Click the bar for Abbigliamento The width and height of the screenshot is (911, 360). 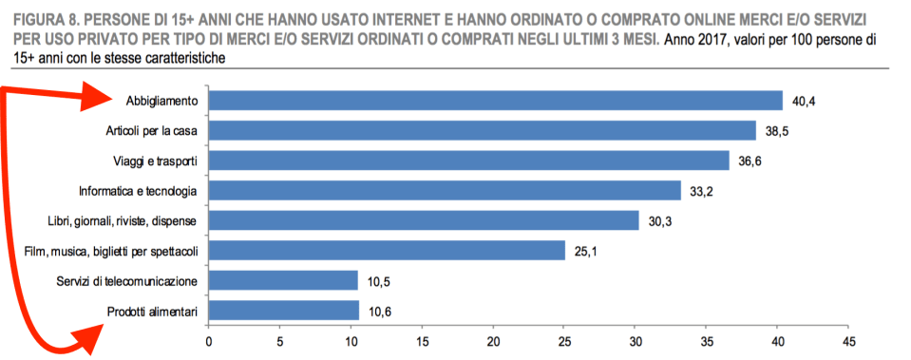[x=495, y=100]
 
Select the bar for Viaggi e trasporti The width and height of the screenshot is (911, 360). [x=468, y=161]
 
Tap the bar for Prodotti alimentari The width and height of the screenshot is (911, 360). [x=283, y=311]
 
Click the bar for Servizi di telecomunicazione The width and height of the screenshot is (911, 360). [x=283, y=280]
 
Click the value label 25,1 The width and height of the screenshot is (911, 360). [x=585, y=251]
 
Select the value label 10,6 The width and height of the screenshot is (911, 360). [x=380, y=311]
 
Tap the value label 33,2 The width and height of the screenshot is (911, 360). [x=702, y=191]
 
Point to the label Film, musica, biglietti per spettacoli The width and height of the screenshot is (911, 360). [x=109, y=251]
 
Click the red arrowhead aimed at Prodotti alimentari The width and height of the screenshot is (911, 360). [x=90, y=334]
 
